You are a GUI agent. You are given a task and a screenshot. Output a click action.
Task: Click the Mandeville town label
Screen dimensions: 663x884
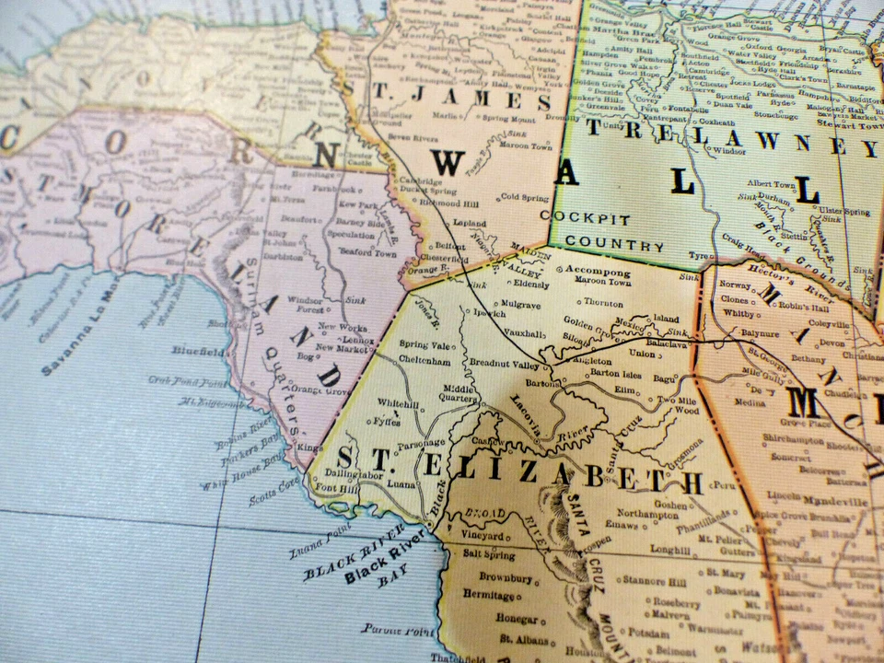point(839,503)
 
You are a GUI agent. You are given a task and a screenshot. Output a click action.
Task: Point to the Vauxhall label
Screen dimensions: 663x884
point(524,333)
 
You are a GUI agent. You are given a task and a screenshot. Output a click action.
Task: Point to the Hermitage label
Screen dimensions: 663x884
point(489,596)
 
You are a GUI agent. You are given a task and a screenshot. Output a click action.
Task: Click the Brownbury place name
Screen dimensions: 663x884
point(506,577)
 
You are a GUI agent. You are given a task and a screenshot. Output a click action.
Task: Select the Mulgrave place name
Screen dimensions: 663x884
point(521,302)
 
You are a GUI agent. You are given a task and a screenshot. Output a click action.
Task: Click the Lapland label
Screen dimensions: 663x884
point(470,223)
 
